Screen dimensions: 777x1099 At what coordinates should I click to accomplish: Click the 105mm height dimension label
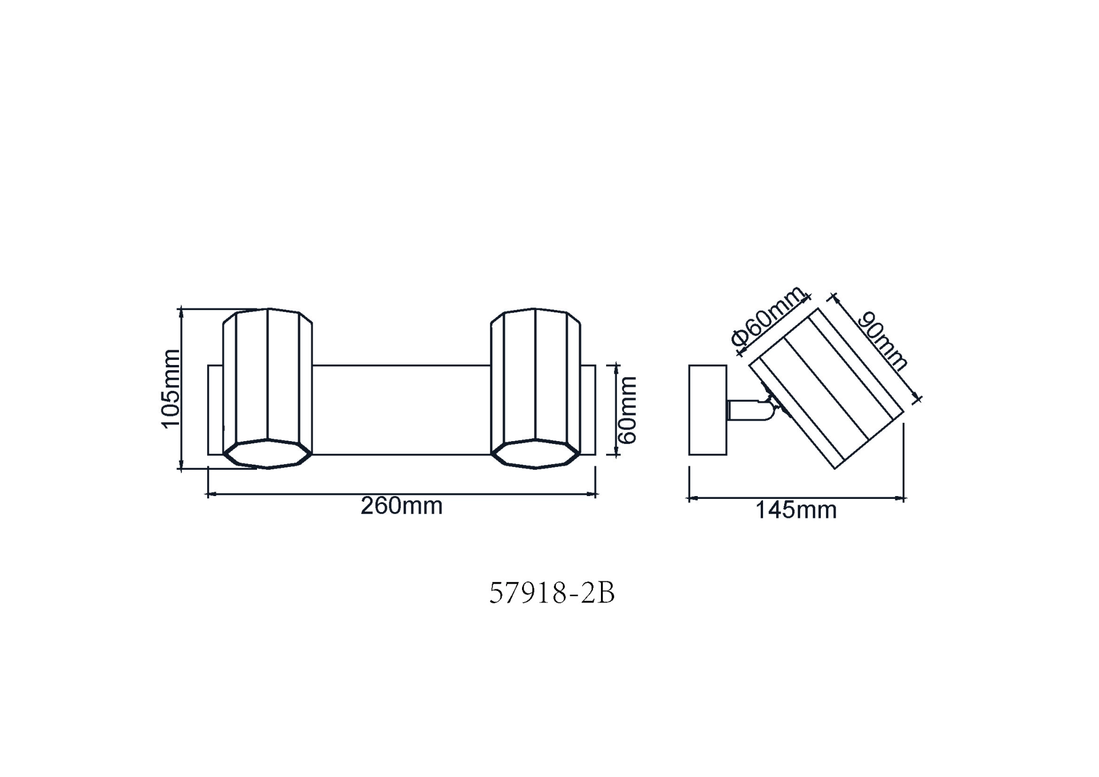[x=171, y=388]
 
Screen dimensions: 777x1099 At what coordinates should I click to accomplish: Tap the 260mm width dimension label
[x=401, y=506]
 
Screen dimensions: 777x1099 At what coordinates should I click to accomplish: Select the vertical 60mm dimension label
[x=628, y=410]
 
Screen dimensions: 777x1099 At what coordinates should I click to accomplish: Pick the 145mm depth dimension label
[x=796, y=510]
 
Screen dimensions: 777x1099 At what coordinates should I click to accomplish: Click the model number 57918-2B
[x=552, y=593]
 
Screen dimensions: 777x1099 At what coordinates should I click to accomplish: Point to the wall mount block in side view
[x=707, y=410]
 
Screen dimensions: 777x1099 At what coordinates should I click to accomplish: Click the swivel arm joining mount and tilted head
[x=750, y=410]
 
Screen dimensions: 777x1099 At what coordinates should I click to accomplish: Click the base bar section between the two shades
[x=401, y=410]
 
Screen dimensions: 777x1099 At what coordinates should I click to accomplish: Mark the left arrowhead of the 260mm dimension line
[x=209, y=494]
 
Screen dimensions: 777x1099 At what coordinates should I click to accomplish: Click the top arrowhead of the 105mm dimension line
[x=181, y=311]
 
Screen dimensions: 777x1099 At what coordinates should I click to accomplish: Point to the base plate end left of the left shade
[x=215, y=410]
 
